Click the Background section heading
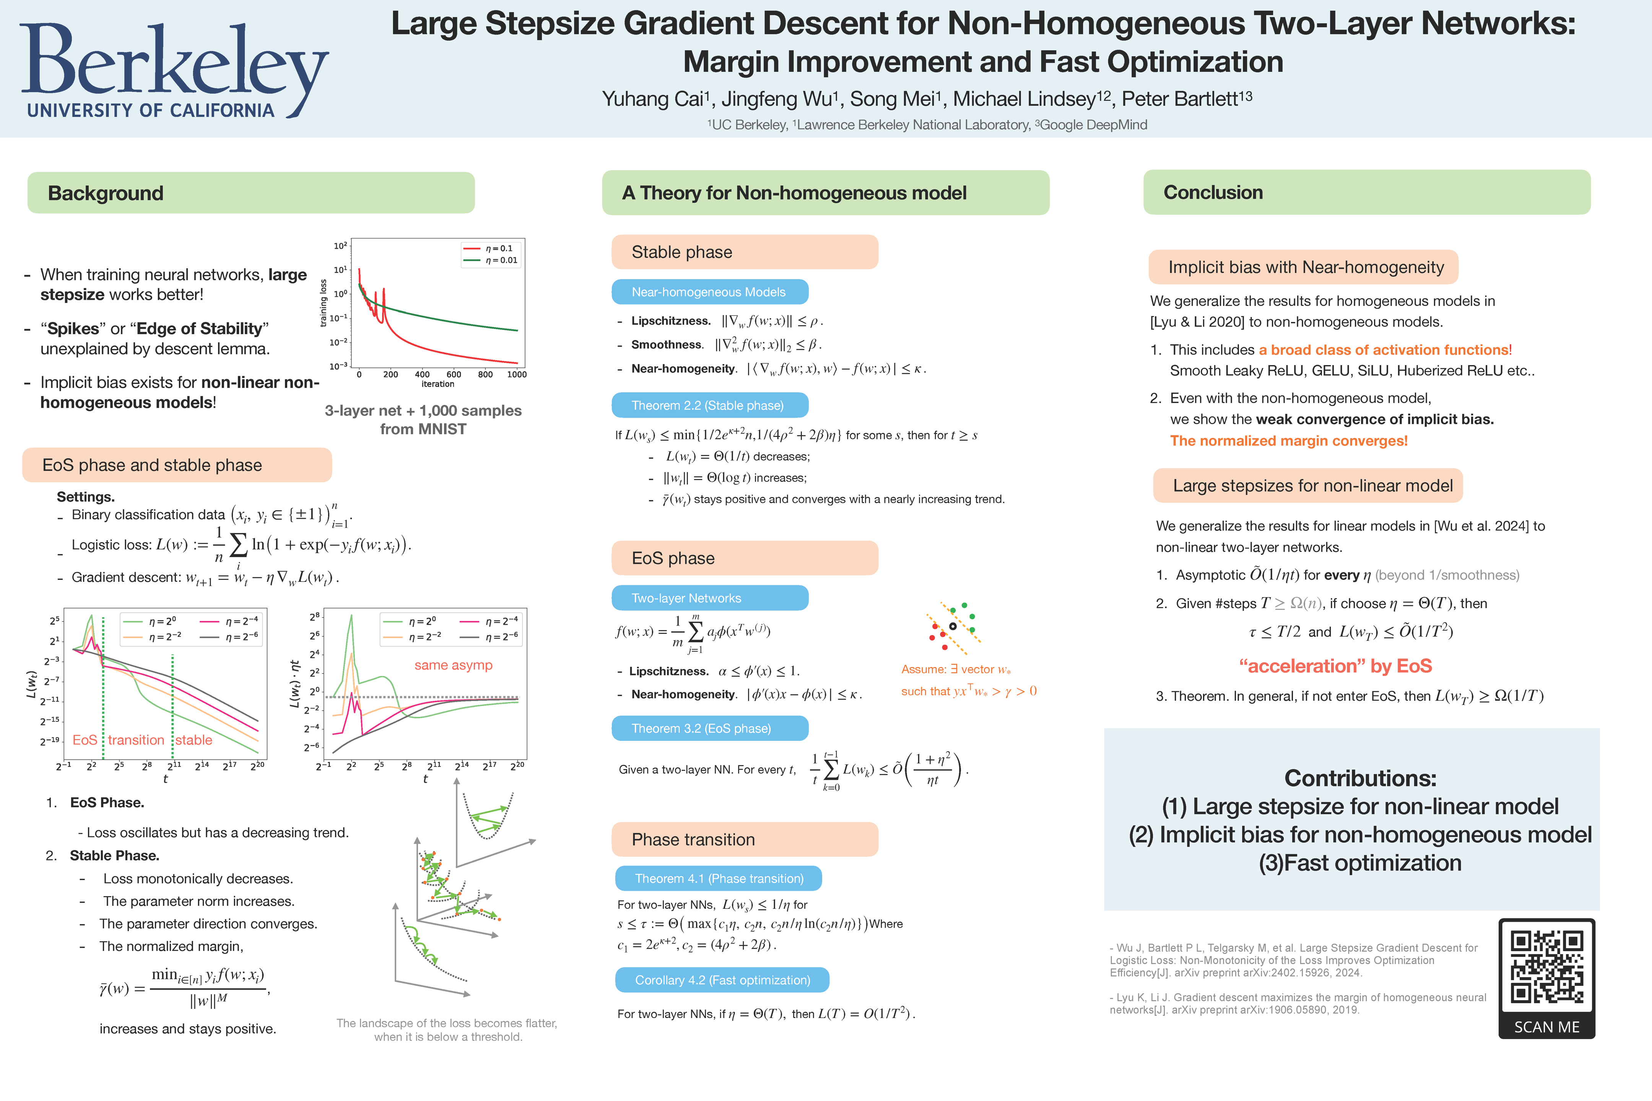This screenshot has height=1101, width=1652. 106,193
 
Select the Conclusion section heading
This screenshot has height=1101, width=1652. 1213,192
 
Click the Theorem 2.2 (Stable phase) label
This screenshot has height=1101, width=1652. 707,405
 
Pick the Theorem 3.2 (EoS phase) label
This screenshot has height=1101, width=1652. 701,728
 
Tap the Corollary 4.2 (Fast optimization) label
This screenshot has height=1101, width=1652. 722,979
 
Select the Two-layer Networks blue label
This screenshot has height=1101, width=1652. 686,598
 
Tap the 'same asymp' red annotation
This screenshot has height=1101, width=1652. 453,665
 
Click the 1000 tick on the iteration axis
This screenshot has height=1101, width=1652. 517,374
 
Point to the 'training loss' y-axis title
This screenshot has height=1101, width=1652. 324,303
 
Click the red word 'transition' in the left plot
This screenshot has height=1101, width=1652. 136,740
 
